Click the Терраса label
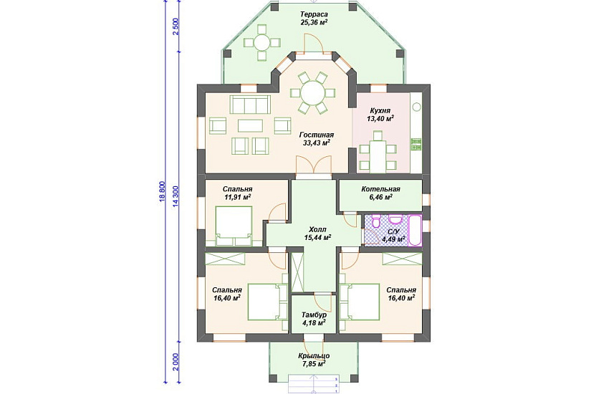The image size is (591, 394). coord(314,14)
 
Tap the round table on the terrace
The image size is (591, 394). coord(262,42)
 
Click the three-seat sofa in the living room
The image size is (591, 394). coord(250,105)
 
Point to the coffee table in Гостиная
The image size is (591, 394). coord(250,125)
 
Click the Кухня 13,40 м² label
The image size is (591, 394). coord(380,115)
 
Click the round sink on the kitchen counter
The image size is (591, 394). coord(416,107)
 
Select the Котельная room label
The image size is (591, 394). coord(380,189)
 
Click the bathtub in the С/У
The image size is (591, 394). coord(415,231)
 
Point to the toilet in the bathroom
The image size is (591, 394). coord(376,221)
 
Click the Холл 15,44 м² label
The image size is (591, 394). coord(317,234)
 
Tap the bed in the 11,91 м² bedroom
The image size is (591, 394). coord(234,226)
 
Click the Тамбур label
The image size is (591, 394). coord(314,314)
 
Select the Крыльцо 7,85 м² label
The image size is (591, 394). coord(314,360)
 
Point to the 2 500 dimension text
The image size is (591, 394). coord(176,27)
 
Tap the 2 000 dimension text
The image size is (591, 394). coord(176,362)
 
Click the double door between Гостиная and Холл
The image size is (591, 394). coord(314,166)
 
